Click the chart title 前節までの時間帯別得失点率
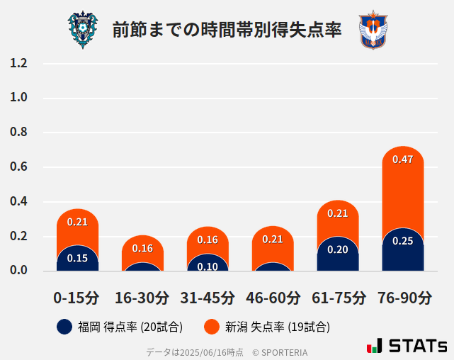pos(227,30)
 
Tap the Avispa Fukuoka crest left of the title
pos(83,29)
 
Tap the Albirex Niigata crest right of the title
pos(373,30)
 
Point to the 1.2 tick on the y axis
pos(18,64)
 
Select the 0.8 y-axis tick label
pos(18,133)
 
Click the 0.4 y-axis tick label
pos(18,202)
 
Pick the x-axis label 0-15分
pos(76,298)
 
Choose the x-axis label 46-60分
pos(273,298)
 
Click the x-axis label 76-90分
pos(403,298)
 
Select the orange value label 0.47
pos(402,159)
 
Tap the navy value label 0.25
pos(402,241)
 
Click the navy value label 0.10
pos(208,266)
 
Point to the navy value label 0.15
pos(77,258)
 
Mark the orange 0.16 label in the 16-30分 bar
pos(142,248)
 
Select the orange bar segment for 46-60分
pos(273,244)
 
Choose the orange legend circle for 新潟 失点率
pos(211,327)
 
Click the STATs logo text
pos(418,347)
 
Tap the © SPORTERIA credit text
pos(280,351)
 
